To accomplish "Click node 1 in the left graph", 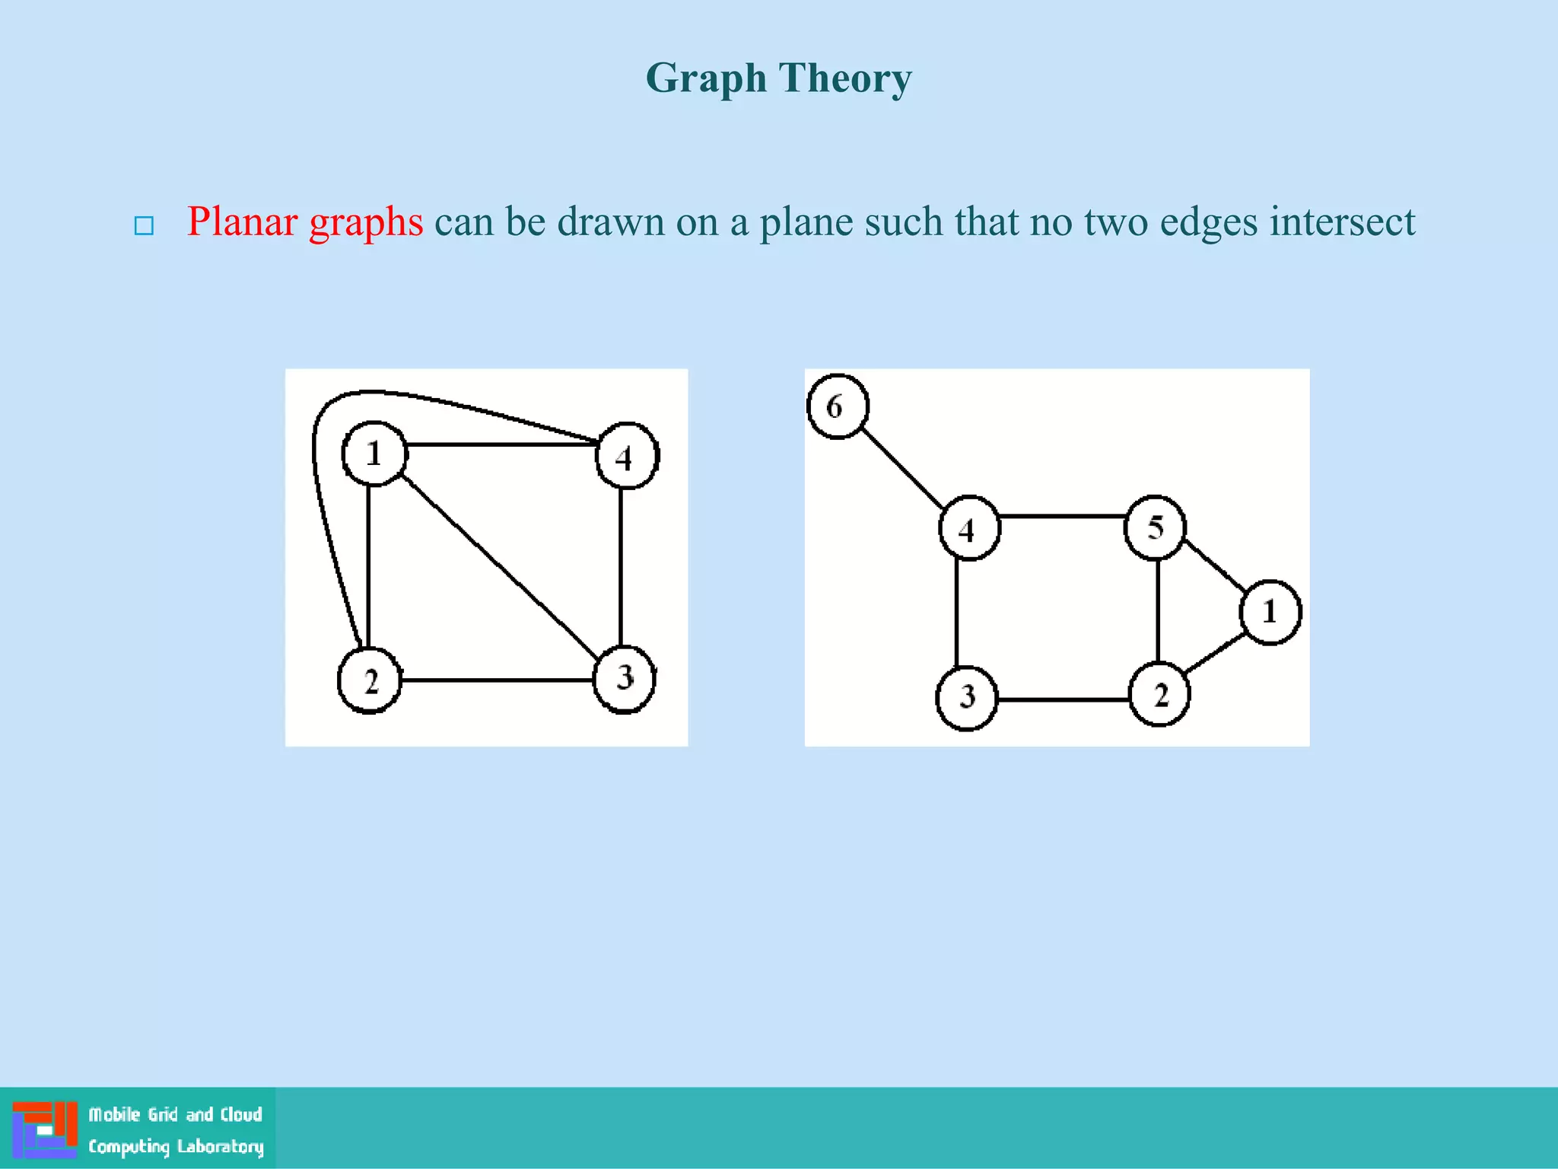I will pos(374,454).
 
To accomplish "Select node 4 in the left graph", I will pos(627,456).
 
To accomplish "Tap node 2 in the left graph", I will pos(370,680).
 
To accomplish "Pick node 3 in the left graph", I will pos(625,678).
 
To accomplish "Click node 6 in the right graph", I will pos(837,406).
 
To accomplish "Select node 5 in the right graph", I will pos(1155,527).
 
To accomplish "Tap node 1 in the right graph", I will pos(1270,612).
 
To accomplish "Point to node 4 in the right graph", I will pos(968,528).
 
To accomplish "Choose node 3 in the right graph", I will pos(967,697).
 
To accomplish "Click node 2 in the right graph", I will pos(1159,694).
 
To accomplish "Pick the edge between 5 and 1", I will pos(1215,566).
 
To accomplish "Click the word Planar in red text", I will pos(242,222).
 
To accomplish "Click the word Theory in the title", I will pos(845,78).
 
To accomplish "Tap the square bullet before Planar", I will pos(144,226).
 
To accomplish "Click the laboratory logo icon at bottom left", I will pos(45,1129).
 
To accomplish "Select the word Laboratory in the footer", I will pos(220,1146).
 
